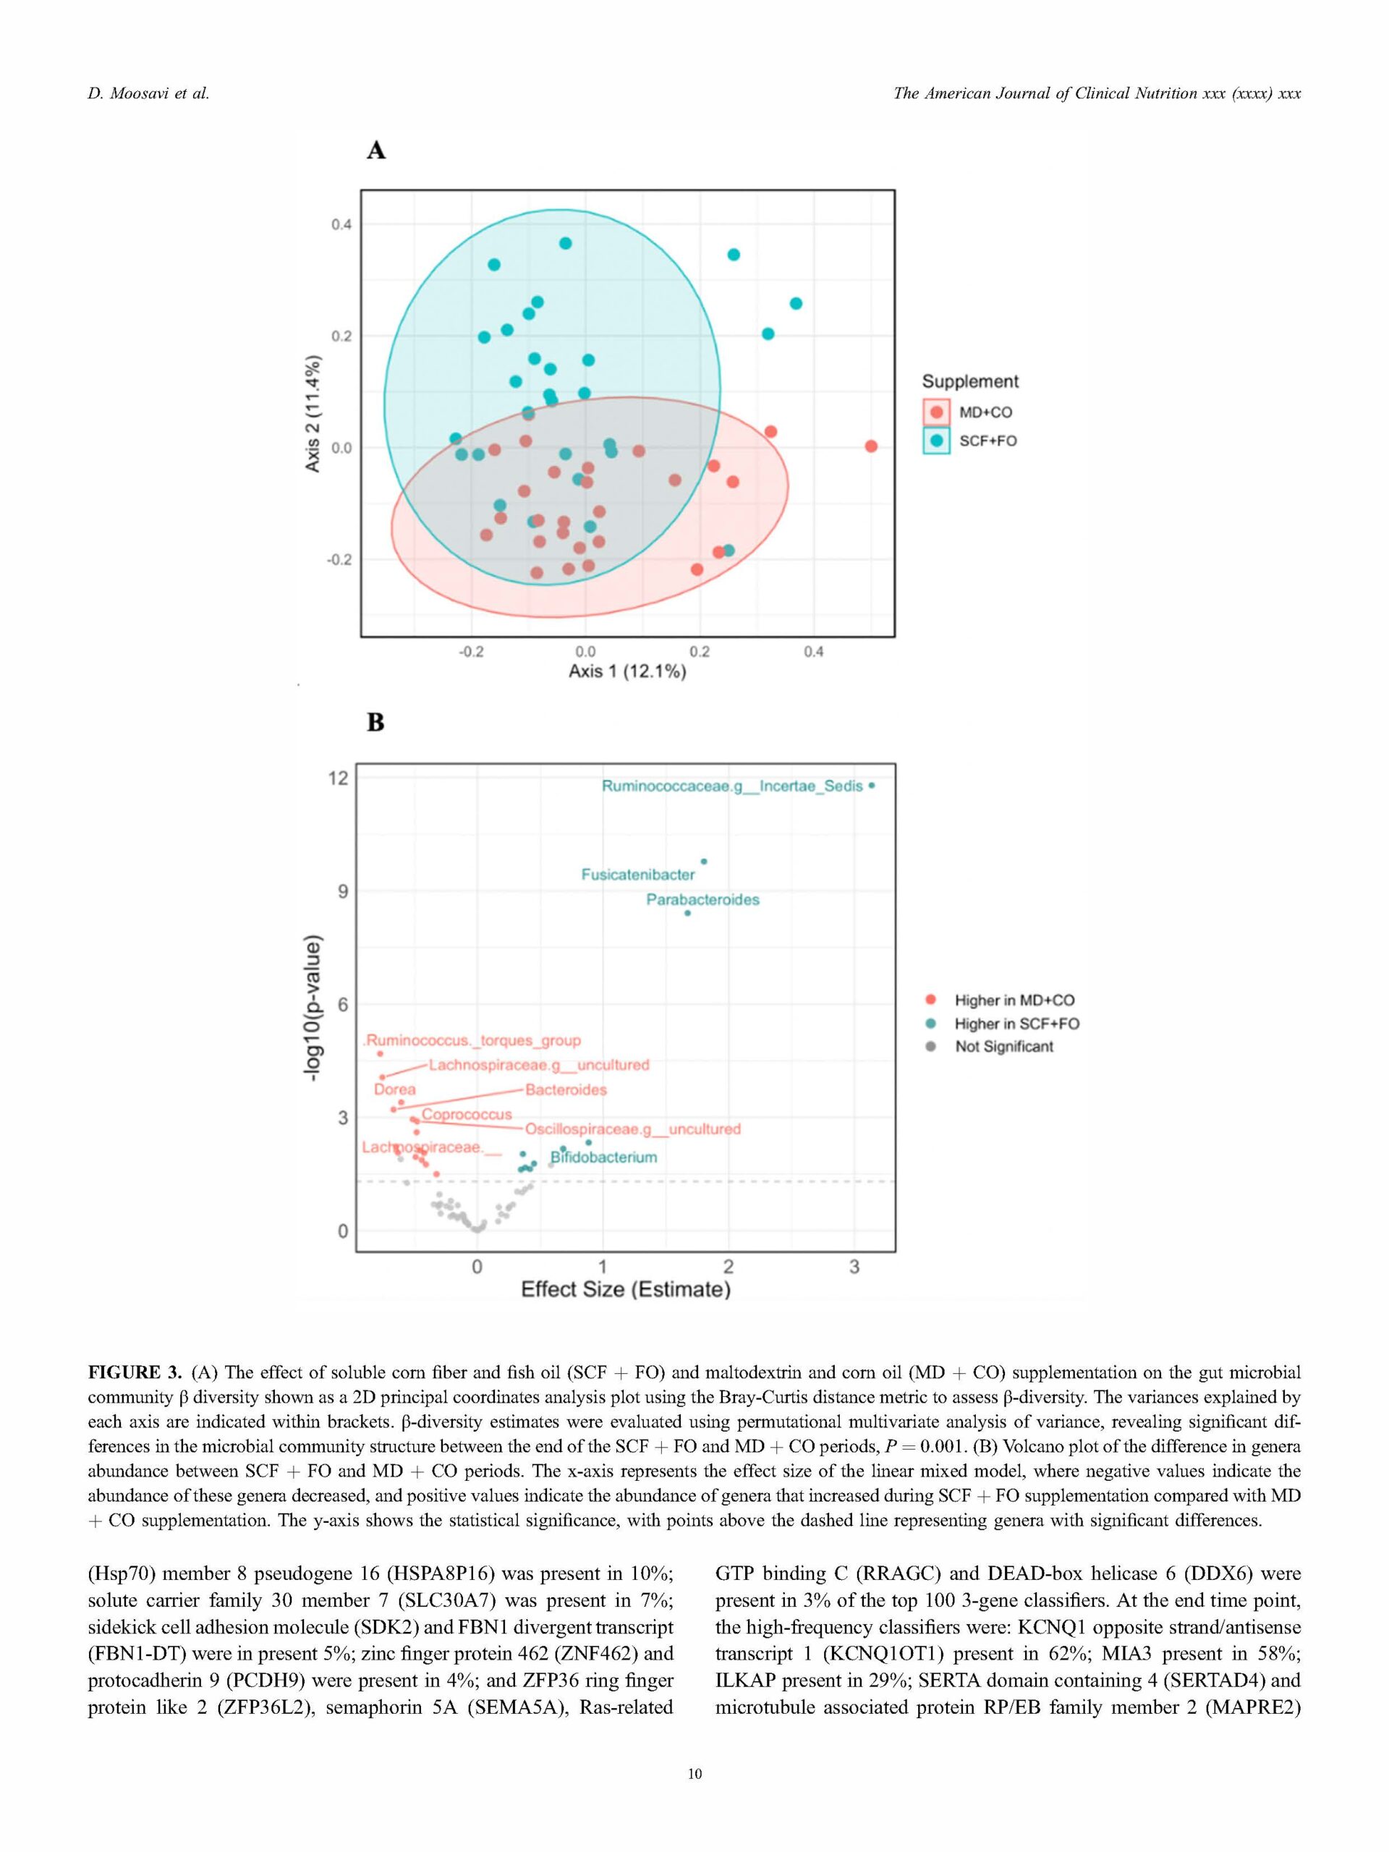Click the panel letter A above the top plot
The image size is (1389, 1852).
click(376, 150)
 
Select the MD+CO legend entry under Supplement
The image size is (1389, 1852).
click(985, 412)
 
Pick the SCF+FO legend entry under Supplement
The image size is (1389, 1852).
click(987, 441)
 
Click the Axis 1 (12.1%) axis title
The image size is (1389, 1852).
click(627, 671)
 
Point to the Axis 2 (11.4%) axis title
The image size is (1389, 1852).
click(313, 414)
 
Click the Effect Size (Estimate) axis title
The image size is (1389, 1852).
click(626, 1288)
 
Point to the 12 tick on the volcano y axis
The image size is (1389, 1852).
click(337, 778)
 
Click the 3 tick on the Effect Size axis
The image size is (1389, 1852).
click(854, 1267)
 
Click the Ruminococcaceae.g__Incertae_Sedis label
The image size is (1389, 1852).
click(732, 786)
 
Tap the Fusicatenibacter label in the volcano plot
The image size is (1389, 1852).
click(638, 874)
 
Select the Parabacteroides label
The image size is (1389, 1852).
click(702, 899)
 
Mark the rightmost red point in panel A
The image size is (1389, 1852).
click(871, 446)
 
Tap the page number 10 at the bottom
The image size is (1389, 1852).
click(694, 1773)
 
